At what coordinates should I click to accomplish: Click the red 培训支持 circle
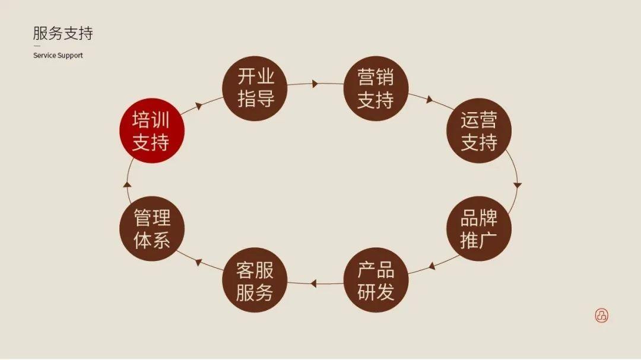point(151,131)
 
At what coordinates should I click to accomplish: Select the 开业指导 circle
point(255,88)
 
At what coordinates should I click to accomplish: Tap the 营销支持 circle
point(376,88)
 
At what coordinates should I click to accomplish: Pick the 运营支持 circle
point(479,131)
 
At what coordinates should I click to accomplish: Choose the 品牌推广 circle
point(479,229)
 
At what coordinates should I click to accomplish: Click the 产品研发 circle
point(376,281)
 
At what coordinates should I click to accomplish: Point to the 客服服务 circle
point(255,281)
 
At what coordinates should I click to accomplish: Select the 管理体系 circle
point(151,229)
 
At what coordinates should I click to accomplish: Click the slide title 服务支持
point(63,33)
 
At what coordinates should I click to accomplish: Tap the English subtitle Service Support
point(58,55)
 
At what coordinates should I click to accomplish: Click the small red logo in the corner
point(602,316)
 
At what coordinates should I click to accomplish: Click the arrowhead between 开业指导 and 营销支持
point(315,84)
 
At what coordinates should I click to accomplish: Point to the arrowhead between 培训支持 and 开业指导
point(199,106)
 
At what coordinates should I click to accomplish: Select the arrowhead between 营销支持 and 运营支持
point(429,100)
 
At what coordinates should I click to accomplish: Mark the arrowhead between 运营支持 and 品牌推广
point(518,186)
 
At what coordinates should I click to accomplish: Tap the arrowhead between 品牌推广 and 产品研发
point(432,266)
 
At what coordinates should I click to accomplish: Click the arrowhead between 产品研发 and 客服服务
point(314,283)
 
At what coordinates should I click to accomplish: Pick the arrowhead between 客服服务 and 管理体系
point(199,262)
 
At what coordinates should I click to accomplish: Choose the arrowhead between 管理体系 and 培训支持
point(127,184)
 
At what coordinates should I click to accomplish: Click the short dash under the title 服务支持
point(37,46)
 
